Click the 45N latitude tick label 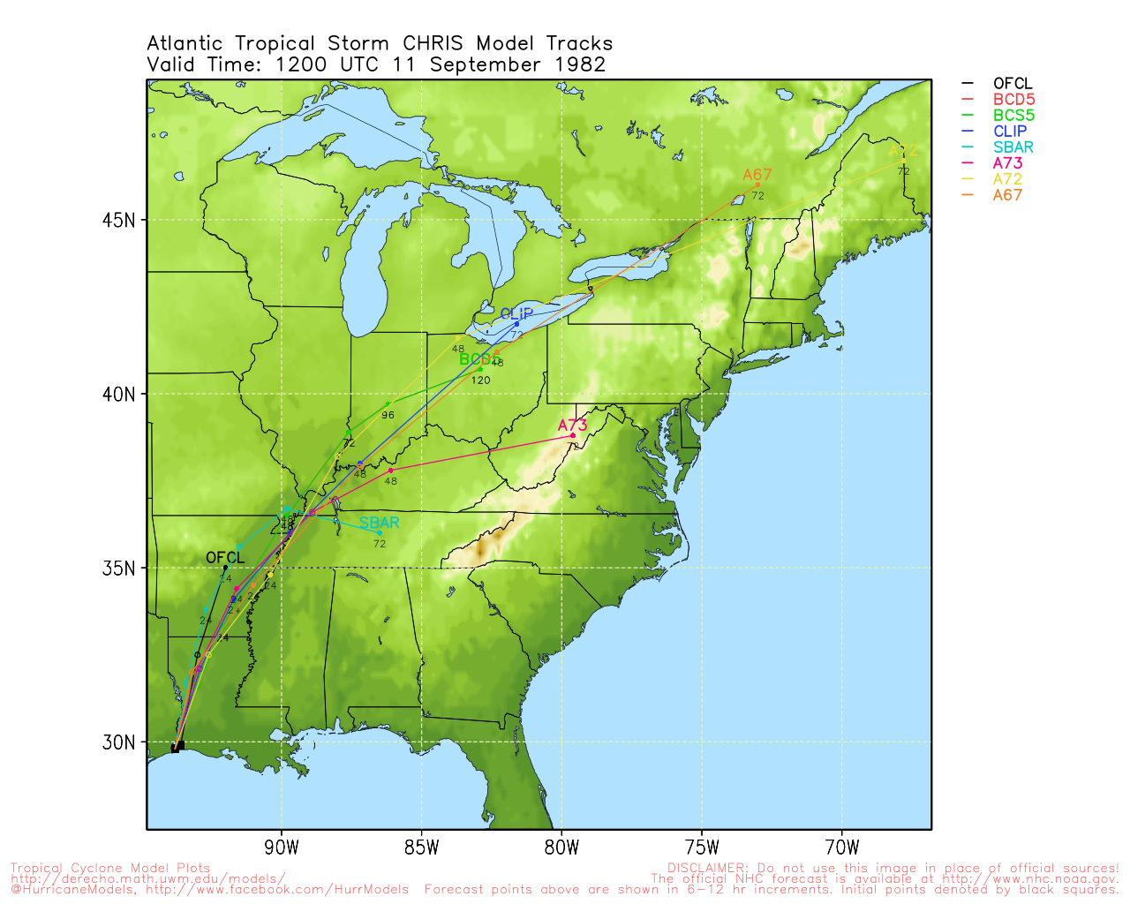pyautogui.click(x=119, y=220)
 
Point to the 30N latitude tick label pyautogui.click(x=119, y=742)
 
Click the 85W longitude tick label pyautogui.click(x=421, y=848)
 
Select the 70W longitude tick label pyautogui.click(x=841, y=848)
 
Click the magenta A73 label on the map pyautogui.click(x=572, y=426)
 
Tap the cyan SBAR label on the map pyautogui.click(x=379, y=523)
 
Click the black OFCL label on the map pyautogui.click(x=225, y=558)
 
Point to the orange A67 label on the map pyautogui.click(x=757, y=175)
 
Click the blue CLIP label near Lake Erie pyautogui.click(x=516, y=314)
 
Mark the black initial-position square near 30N pyautogui.click(x=177, y=747)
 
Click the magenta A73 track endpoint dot pyautogui.click(x=572, y=435)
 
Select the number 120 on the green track pyautogui.click(x=480, y=380)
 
